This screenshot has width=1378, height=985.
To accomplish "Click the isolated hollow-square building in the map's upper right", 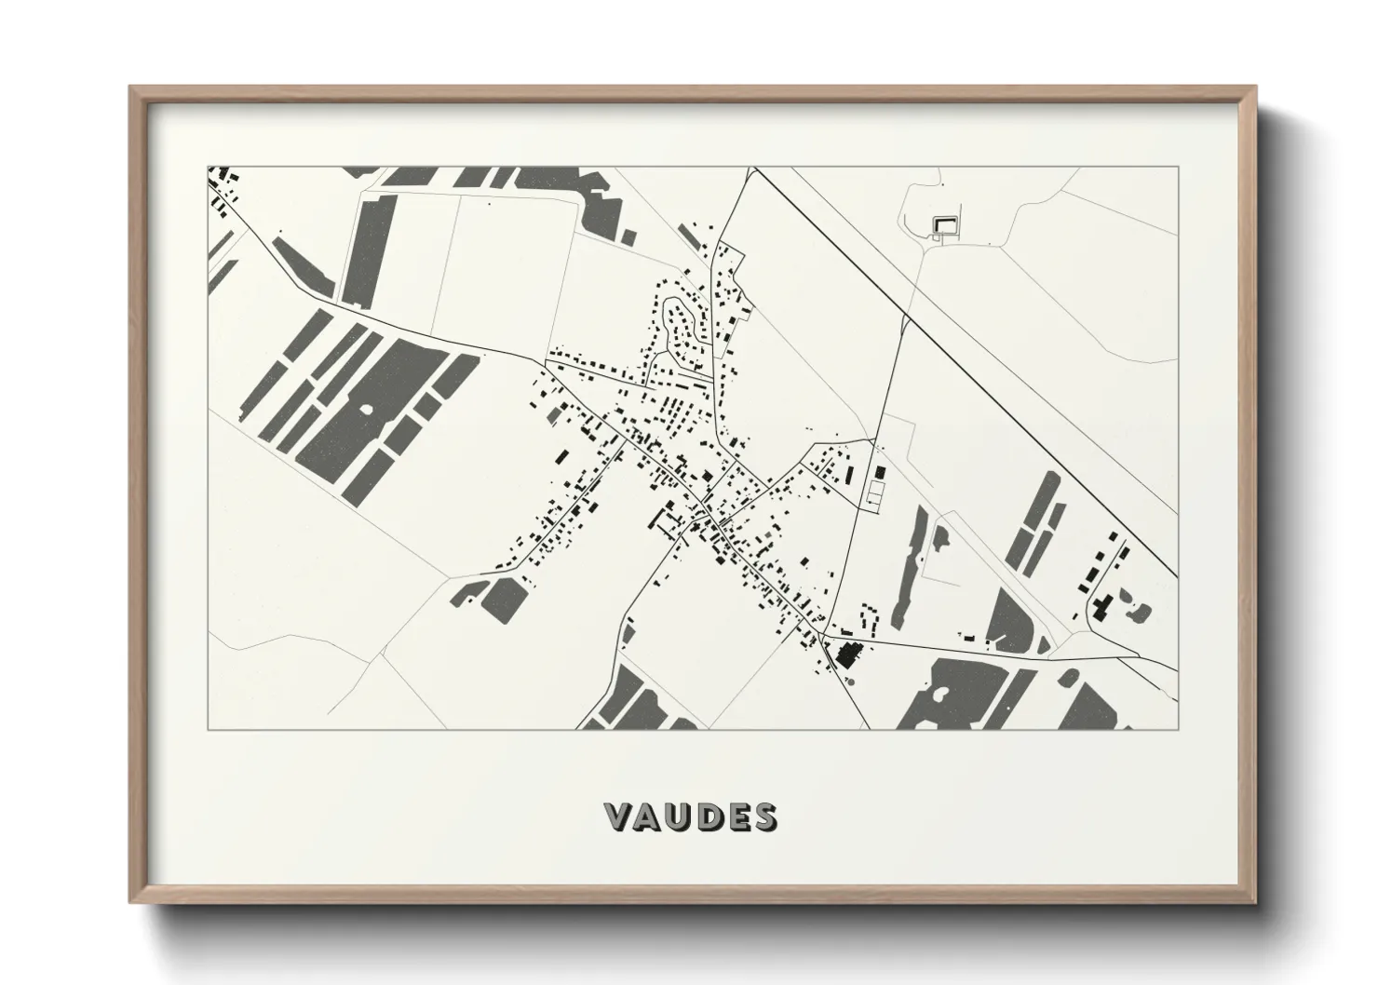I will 945,223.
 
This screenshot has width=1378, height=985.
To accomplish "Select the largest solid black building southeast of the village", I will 846,653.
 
